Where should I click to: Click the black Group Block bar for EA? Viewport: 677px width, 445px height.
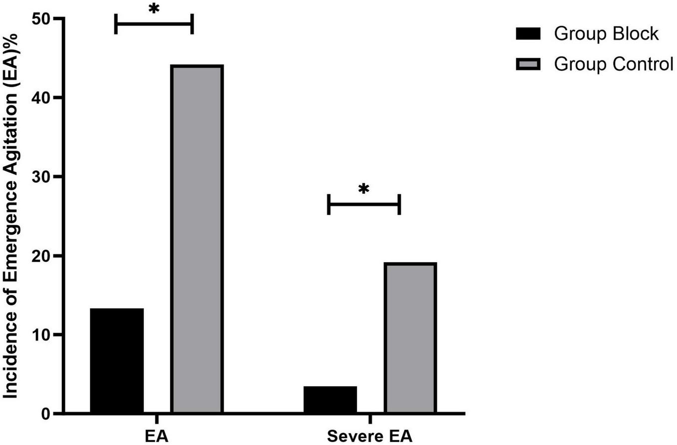click(x=117, y=361)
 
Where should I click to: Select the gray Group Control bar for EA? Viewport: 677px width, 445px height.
click(x=197, y=239)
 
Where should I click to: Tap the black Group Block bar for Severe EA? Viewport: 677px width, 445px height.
click(x=330, y=400)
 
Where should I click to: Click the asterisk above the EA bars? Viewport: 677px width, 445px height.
click(x=153, y=10)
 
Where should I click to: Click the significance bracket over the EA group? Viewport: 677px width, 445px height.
click(x=154, y=23)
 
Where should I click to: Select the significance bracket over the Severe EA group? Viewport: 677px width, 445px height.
click(x=363, y=204)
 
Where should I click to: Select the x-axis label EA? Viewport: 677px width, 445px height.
click(x=156, y=436)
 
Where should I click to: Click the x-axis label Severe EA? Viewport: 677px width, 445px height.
click(x=370, y=436)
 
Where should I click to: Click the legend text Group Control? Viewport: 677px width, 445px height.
click(x=614, y=64)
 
